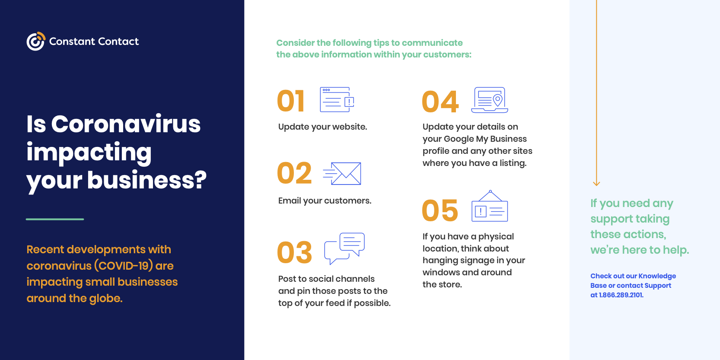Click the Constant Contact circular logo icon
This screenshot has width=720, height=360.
click(x=36, y=41)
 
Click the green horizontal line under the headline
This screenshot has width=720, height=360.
click(x=55, y=219)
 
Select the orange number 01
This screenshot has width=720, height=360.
click(x=290, y=101)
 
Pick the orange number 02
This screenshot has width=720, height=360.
click(x=294, y=173)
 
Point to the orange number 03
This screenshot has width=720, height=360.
click(x=294, y=252)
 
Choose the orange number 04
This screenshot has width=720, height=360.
click(x=440, y=102)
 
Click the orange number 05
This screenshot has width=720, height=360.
click(x=440, y=210)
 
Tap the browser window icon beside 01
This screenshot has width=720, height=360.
click(x=337, y=99)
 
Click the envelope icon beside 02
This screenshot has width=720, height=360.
click(x=342, y=174)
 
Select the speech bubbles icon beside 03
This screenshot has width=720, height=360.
click(x=344, y=248)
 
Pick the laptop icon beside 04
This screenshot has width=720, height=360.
click(x=490, y=100)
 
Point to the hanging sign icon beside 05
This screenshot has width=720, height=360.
click(x=490, y=206)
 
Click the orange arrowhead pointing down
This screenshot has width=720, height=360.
click(x=596, y=184)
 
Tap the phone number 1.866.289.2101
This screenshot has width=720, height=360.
click(x=621, y=295)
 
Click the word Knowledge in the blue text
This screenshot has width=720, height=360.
click(x=657, y=276)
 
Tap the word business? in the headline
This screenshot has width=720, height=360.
click(x=147, y=180)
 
